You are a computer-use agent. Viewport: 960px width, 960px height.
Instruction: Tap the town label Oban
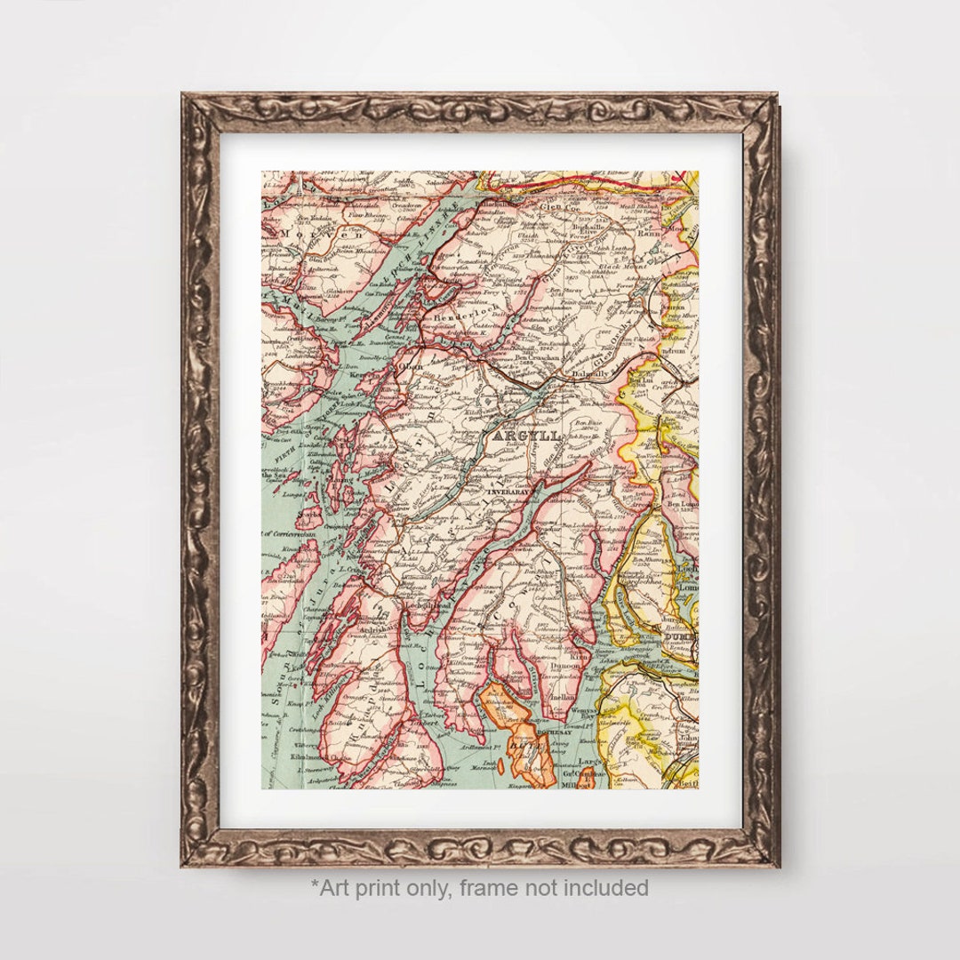click(412, 366)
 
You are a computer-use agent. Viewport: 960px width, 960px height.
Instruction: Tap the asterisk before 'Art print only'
click(315, 884)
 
